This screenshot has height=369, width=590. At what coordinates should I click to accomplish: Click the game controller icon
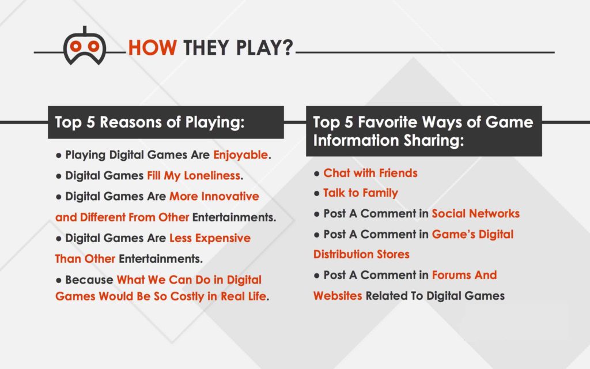(x=85, y=46)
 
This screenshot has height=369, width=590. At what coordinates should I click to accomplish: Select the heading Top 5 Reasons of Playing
(x=150, y=122)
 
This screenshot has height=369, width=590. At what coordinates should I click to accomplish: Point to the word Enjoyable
(x=240, y=155)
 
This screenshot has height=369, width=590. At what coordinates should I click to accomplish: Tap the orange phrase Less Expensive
(x=210, y=238)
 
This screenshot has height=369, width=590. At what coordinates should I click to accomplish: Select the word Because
(x=89, y=280)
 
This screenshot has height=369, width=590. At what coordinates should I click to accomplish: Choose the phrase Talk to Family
(x=360, y=193)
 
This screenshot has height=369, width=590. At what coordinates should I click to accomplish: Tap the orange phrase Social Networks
(x=475, y=214)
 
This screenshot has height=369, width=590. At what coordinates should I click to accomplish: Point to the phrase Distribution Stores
(x=361, y=254)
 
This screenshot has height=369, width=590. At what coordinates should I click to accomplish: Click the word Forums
(x=453, y=275)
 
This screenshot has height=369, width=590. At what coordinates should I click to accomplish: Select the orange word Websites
(x=338, y=296)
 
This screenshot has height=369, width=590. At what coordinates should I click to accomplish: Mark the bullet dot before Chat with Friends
(x=317, y=174)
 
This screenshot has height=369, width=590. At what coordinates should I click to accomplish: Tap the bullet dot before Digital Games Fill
(x=59, y=176)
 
